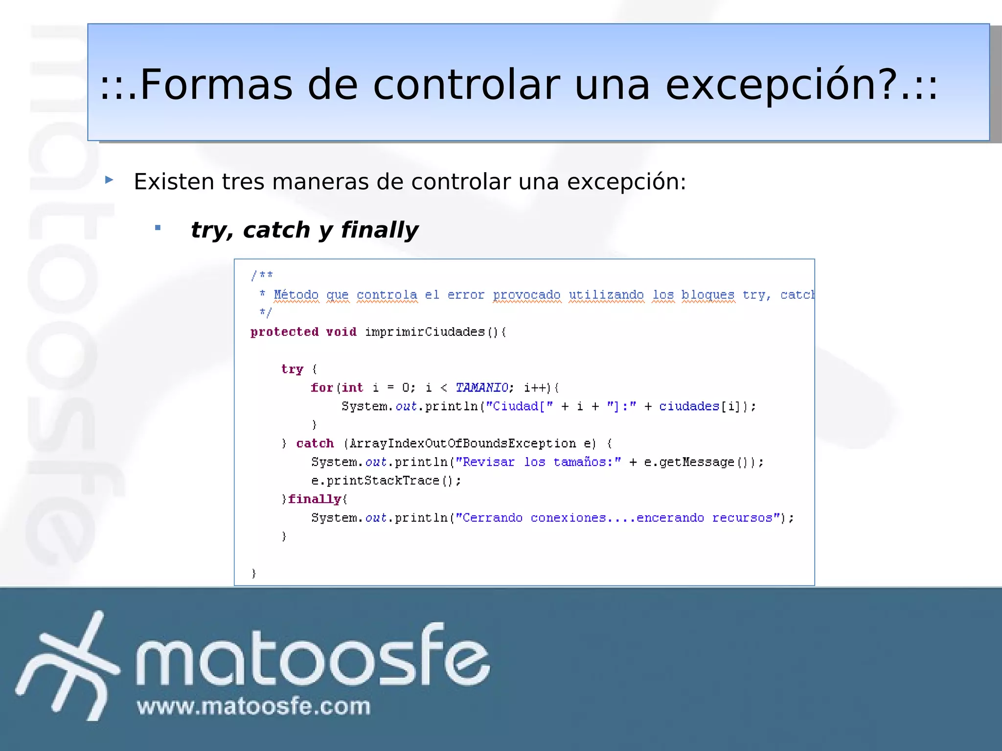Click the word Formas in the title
(216, 85)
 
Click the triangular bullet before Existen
(110, 180)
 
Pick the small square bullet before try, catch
(158, 227)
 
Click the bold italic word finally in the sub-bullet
(379, 230)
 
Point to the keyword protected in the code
(284, 332)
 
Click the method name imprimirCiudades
(424, 332)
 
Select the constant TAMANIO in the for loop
(482, 388)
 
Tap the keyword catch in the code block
(315, 443)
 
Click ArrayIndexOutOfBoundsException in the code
(462, 443)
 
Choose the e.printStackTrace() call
(386, 481)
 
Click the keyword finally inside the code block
(314, 499)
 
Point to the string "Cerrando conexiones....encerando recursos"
(617, 518)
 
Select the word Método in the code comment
(296, 295)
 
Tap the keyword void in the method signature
(341, 332)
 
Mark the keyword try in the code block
(292, 369)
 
